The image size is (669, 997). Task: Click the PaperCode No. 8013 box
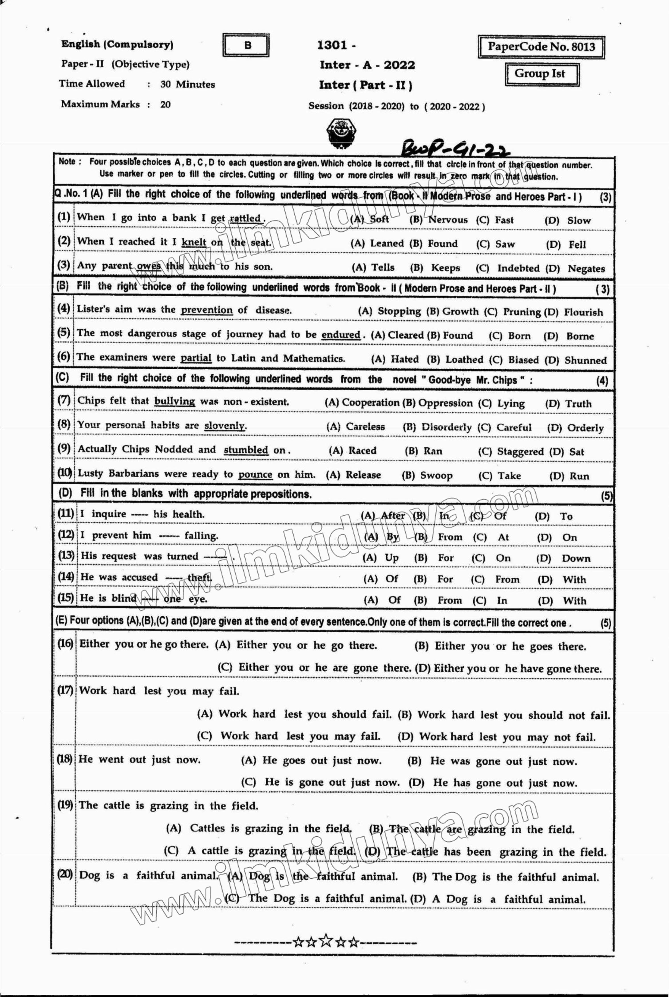tap(541, 47)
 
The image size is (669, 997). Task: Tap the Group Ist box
tap(541, 74)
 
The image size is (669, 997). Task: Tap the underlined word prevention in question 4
tap(207, 310)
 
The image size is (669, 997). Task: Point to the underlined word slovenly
tap(225, 426)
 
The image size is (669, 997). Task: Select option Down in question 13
tap(575, 559)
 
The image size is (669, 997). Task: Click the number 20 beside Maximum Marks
tap(165, 105)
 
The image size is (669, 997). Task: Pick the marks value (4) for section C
tap(602, 381)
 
